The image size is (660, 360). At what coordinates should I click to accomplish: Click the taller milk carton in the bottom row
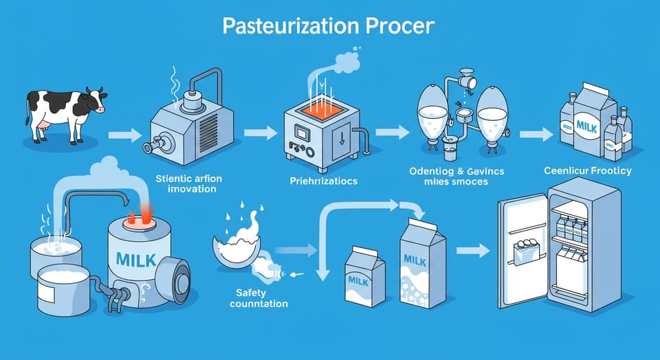[x=422, y=265]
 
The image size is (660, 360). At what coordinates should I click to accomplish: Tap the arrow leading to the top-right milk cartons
[x=538, y=133]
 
